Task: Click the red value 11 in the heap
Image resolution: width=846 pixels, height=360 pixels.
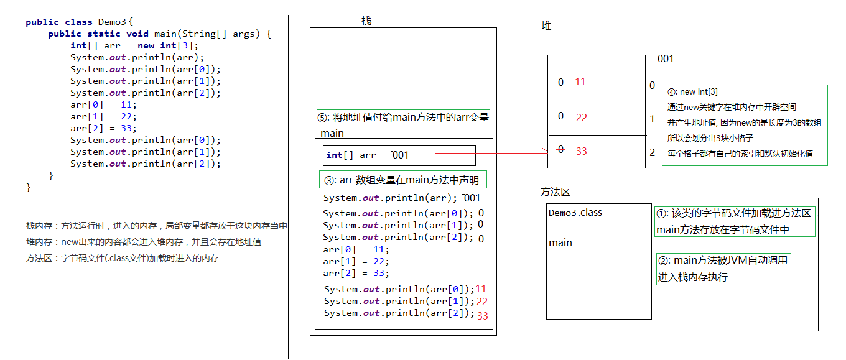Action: tap(580, 81)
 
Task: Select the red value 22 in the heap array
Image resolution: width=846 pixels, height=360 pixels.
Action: tap(582, 118)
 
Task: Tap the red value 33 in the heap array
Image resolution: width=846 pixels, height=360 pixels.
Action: tap(582, 151)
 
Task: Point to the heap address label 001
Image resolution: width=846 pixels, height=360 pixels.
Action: tap(666, 59)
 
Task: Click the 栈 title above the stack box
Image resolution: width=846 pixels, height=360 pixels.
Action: tap(366, 21)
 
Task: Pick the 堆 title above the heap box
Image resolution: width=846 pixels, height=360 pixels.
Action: tap(546, 26)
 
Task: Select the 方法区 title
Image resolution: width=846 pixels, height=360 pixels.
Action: tap(555, 192)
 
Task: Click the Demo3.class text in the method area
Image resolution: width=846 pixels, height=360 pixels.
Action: tap(575, 213)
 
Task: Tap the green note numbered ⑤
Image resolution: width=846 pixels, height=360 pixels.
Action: tap(403, 117)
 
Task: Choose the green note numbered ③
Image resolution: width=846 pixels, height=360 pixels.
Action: tap(402, 180)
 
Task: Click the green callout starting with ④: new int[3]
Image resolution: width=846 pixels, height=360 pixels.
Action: tap(744, 125)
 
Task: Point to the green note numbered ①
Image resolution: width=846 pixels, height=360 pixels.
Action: tap(734, 221)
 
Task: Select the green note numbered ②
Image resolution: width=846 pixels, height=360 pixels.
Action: tap(723, 269)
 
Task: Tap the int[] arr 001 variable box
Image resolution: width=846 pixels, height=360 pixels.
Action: tap(399, 155)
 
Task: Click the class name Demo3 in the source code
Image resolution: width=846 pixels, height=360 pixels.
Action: tap(112, 22)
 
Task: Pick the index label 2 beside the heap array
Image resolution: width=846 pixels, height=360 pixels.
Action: tap(652, 152)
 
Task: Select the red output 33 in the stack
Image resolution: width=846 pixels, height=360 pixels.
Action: tap(483, 316)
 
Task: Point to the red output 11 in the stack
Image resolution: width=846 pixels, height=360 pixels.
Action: tap(480, 288)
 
